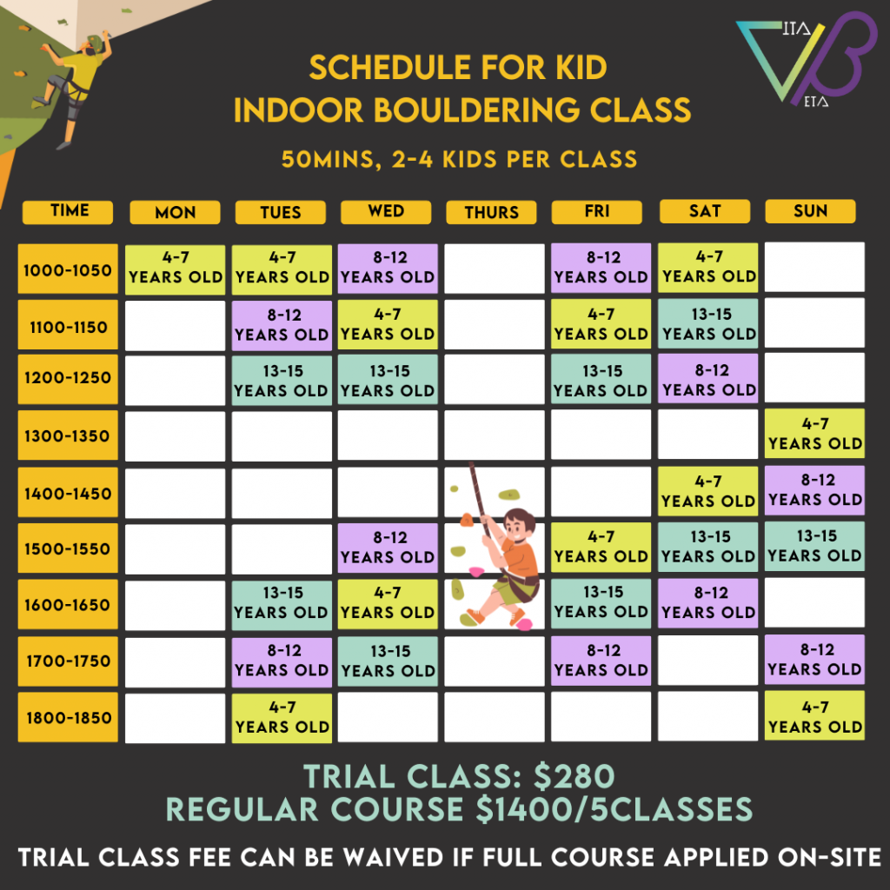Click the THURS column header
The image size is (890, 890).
click(x=491, y=212)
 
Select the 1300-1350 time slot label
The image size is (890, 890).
click(x=68, y=435)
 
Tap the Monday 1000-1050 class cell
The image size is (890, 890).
click(x=175, y=269)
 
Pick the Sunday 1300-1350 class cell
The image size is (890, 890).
click(x=814, y=433)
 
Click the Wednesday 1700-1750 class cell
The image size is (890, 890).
click(x=388, y=661)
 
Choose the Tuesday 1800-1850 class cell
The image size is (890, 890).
click(x=282, y=718)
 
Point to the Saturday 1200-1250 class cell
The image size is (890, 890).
click(x=707, y=379)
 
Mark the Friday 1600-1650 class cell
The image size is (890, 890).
click(x=601, y=603)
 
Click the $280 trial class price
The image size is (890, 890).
click(x=574, y=776)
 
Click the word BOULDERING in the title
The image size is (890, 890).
click(x=477, y=110)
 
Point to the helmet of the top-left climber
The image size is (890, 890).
click(x=94, y=42)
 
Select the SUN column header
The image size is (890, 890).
click(x=810, y=211)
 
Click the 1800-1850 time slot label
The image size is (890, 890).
click(x=68, y=717)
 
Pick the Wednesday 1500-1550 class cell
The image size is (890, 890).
click(x=388, y=548)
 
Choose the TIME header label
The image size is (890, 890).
click(x=68, y=212)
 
